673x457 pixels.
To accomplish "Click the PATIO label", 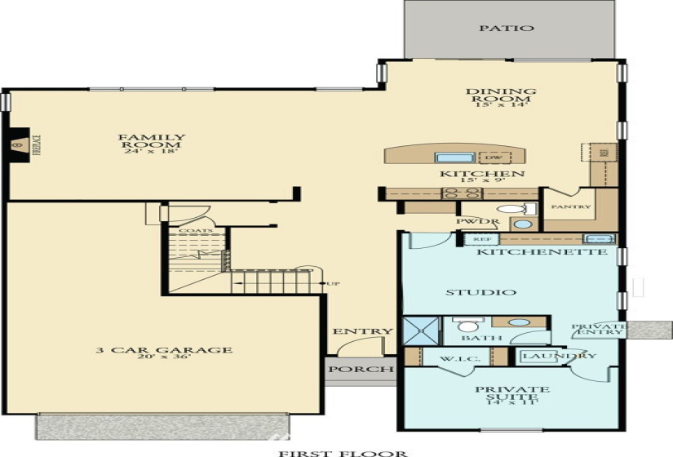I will tap(518, 28).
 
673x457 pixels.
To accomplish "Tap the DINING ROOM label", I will tap(501, 97).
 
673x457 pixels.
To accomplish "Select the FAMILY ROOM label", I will tap(152, 144).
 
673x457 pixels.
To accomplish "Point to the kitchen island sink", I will tap(449, 158).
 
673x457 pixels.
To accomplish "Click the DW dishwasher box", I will tap(494, 158).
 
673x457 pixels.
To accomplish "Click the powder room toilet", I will tap(512, 210).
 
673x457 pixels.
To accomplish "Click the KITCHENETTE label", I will tap(542, 253).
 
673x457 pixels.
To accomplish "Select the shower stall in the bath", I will tap(423, 331).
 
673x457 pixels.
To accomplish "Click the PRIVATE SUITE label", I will tap(512, 395).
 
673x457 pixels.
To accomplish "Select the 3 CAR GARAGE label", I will tap(163, 354).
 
